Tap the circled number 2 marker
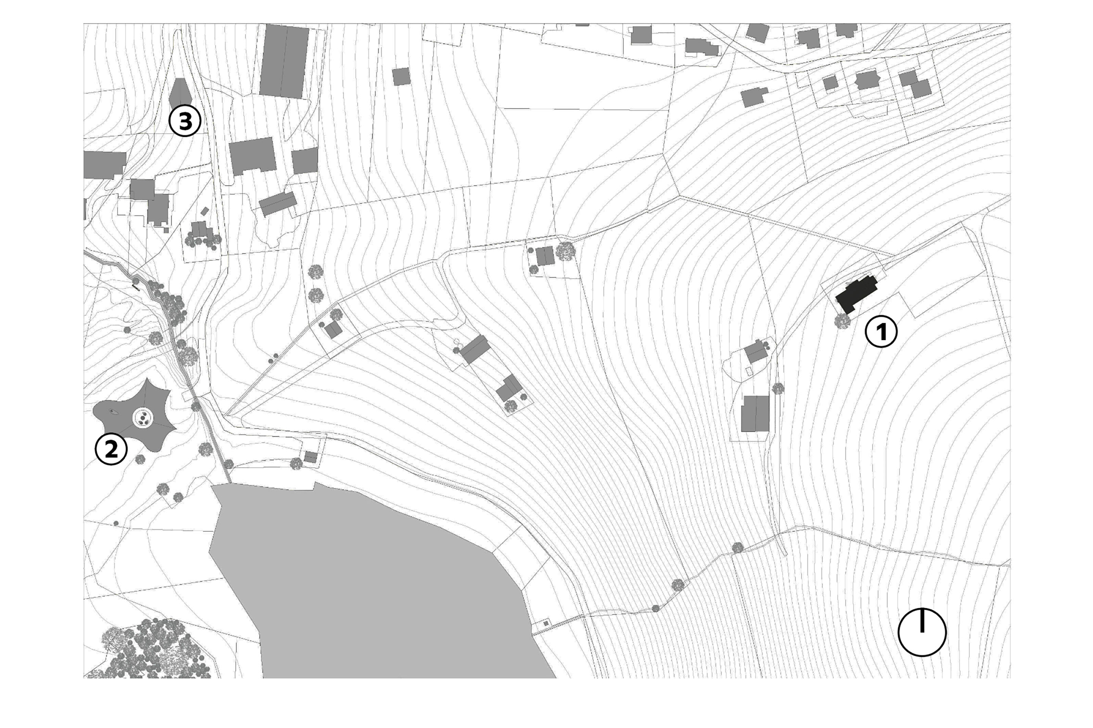(x=111, y=449)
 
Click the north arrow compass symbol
(x=922, y=632)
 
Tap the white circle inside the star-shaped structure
(x=143, y=418)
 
